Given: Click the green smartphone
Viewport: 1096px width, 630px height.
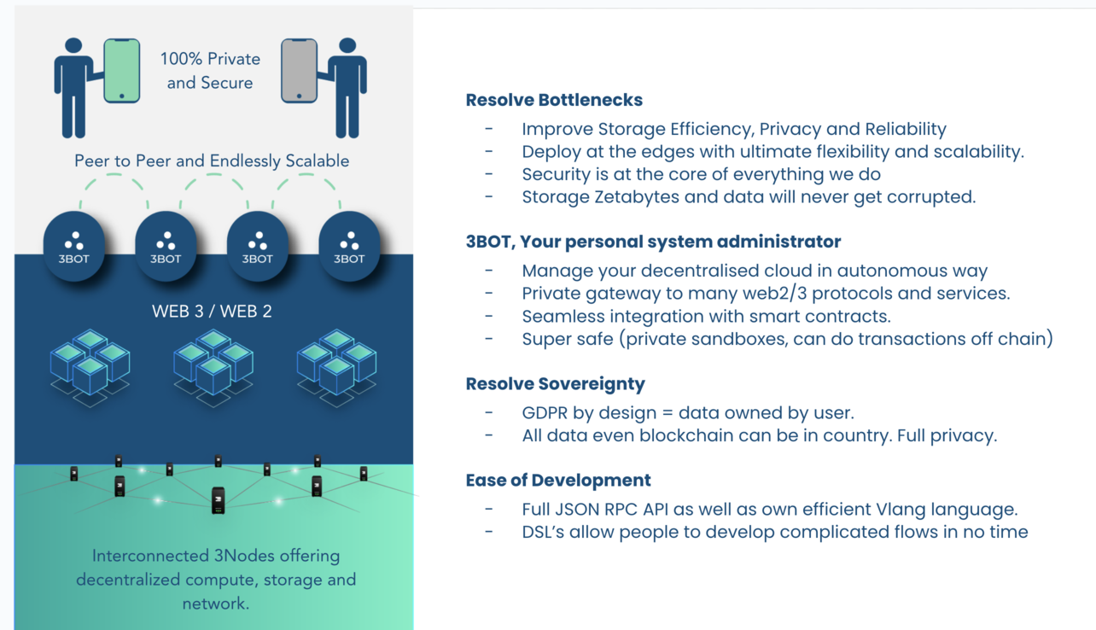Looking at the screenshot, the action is [x=122, y=71].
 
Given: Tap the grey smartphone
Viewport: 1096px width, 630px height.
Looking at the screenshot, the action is [x=299, y=71].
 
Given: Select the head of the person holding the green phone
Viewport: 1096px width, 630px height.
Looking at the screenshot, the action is [x=73, y=45].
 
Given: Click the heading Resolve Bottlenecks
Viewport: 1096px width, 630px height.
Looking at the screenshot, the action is [x=554, y=100].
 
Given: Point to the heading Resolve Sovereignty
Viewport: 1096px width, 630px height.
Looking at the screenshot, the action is [x=556, y=384].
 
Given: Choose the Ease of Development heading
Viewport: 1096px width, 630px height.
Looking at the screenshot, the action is [x=558, y=481].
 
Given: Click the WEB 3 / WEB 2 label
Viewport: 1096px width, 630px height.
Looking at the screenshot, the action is [x=212, y=312].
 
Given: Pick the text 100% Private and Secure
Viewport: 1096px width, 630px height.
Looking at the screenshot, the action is [x=210, y=71].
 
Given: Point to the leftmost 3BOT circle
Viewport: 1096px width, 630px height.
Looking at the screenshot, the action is [x=74, y=246].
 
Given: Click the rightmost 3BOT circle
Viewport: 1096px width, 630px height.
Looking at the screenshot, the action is [x=349, y=246].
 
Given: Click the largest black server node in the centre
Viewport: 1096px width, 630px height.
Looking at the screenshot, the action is [x=219, y=500].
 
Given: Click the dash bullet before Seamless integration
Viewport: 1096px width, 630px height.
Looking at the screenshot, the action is [x=489, y=316].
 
